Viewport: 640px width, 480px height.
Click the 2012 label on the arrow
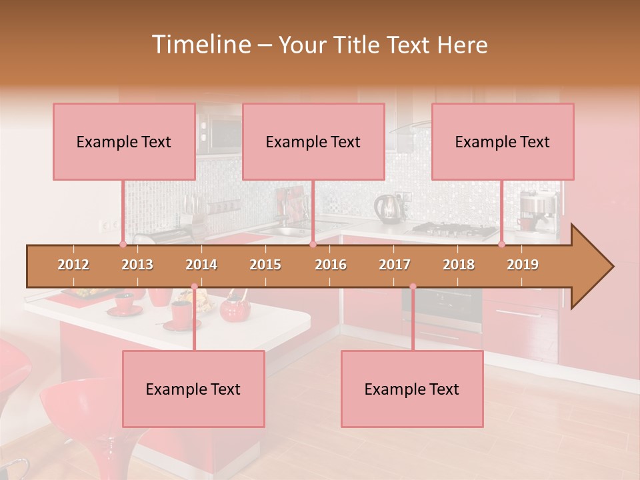click(73, 265)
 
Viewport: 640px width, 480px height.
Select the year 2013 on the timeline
click(137, 265)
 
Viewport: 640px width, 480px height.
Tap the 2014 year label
click(201, 265)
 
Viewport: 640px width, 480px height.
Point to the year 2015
click(265, 265)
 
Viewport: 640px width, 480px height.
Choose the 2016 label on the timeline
click(331, 265)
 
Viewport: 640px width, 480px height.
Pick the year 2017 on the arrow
click(395, 265)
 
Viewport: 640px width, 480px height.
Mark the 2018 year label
click(459, 265)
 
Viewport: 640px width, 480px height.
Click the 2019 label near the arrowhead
click(523, 265)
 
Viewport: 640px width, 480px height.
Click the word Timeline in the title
click(199, 45)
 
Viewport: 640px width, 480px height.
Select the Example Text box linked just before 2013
click(124, 141)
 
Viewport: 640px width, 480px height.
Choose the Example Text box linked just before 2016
click(313, 141)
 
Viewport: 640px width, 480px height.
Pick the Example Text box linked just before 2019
click(503, 141)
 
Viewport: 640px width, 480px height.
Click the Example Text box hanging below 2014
click(193, 389)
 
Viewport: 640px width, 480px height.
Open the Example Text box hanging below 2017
click(412, 389)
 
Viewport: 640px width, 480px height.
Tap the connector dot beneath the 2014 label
click(194, 287)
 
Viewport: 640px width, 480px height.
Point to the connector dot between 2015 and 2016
click(313, 245)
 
